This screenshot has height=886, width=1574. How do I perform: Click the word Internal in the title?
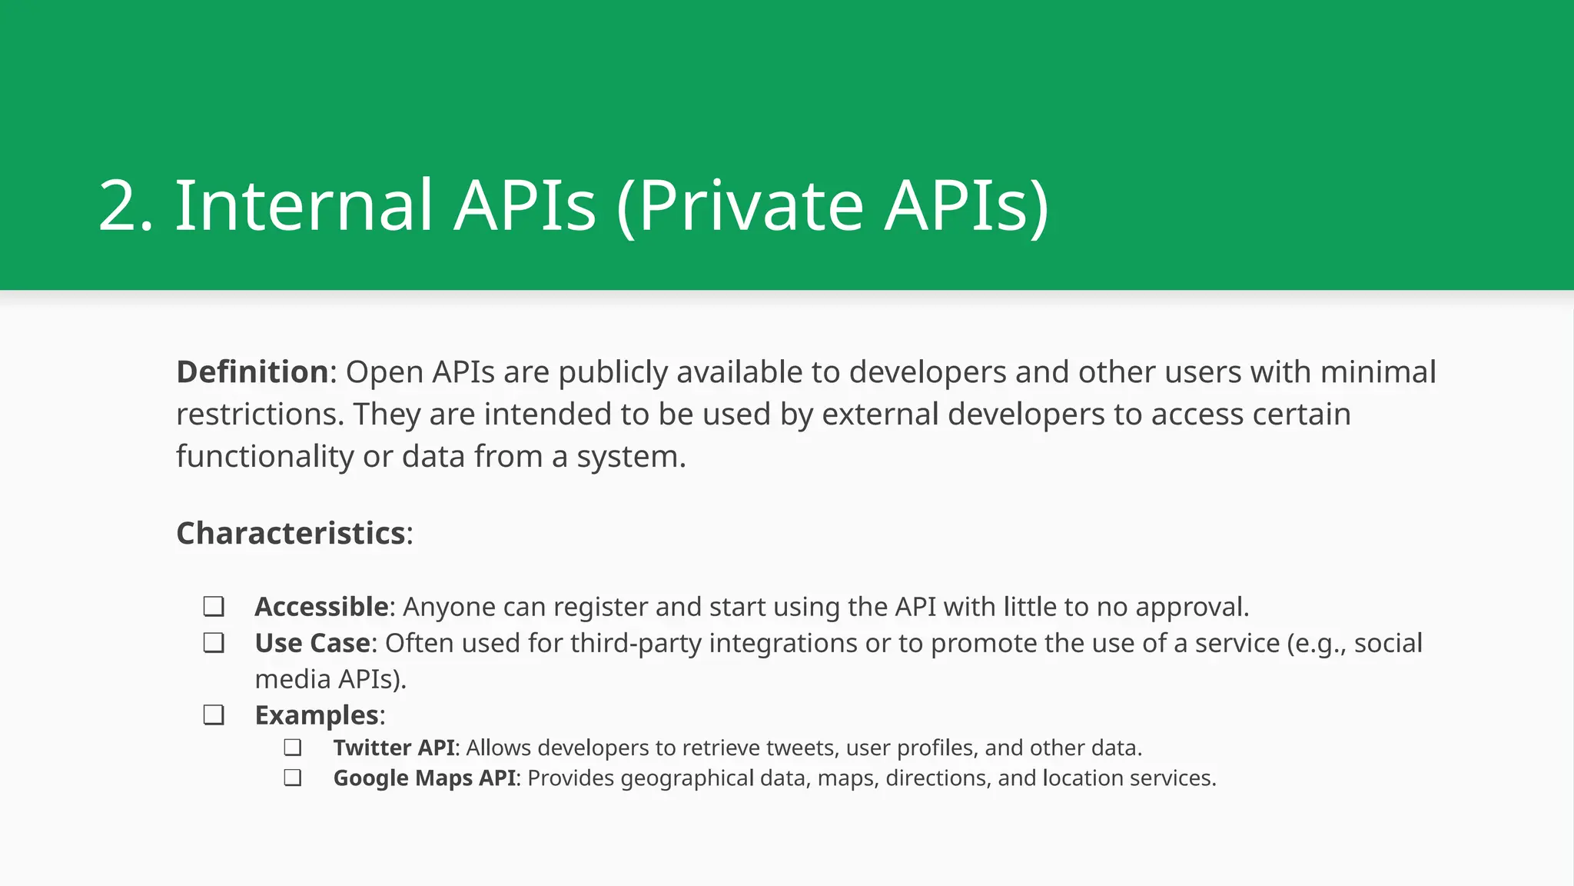[x=304, y=205]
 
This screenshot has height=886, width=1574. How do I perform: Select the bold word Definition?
[x=253, y=372]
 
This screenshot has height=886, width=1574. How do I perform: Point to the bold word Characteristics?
[x=291, y=534]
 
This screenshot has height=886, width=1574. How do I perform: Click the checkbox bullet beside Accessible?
[x=214, y=607]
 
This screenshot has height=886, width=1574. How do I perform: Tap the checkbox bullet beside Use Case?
[x=214, y=643]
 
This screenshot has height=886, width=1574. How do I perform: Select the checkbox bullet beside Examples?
[x=214, y=715]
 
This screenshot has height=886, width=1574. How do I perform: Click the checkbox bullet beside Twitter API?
[x=292, y=748]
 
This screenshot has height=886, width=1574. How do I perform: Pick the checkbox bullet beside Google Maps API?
[x=292, y=778]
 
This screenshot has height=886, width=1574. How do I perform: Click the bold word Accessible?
[x=321, y=607]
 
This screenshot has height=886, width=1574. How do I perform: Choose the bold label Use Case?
[x=312, y=643]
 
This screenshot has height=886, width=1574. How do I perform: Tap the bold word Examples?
[x=317, y=715]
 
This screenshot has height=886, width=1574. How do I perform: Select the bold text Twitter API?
[x=394, y=748]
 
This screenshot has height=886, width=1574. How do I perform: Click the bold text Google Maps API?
[x=424, y=778]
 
